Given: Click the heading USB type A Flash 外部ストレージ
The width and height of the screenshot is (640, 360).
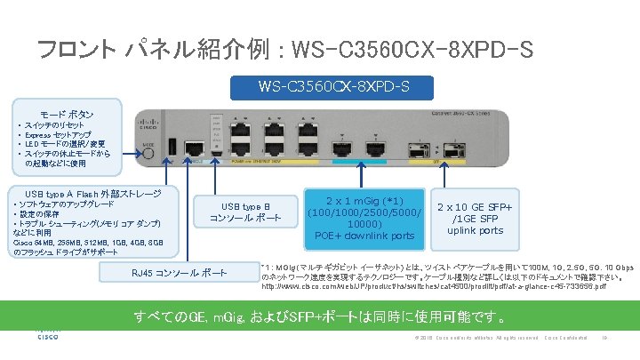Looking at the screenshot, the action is click(x=93, y=194).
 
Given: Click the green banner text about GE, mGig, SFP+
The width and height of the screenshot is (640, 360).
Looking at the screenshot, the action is click(x=320, y=317).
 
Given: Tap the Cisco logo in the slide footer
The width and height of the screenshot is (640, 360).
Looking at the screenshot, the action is click(x=47, y=335).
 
